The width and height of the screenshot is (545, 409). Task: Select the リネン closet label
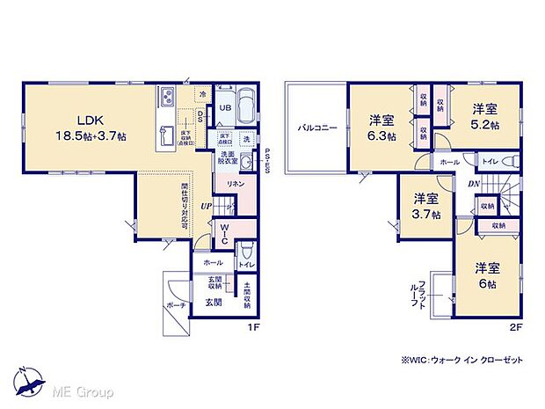tap(236, 184)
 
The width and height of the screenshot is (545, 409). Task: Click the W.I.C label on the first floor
tap(223, 234)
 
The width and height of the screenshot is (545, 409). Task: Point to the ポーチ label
tap(175, 304)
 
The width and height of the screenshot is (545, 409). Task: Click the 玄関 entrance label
tap(214, 302)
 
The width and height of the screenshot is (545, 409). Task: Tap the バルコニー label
tap(313, 128)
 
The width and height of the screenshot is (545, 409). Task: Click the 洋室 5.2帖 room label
tap(484, 117)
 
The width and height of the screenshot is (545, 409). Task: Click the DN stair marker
tap(472, 183)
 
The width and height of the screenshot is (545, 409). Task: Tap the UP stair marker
tap(205, 206)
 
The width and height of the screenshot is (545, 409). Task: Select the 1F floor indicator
tap(251, 327)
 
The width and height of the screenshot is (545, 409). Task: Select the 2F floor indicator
tap(518, 327)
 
